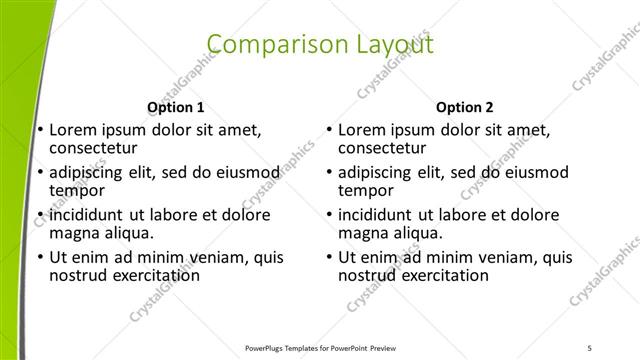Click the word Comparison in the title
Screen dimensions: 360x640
269,45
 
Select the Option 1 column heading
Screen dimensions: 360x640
176,107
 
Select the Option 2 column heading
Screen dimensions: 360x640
465,107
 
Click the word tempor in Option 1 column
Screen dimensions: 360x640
77,191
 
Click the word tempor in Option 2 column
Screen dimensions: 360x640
366,191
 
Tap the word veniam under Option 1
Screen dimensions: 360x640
216,257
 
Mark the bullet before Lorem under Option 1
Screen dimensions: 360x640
39,130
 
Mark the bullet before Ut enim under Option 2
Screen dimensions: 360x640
328,257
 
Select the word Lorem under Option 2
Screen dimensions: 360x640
361,130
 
